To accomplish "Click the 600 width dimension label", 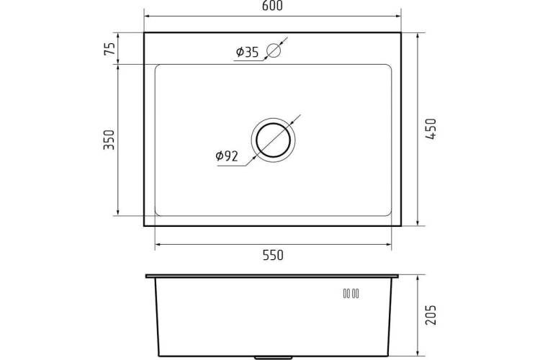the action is coord(272,6).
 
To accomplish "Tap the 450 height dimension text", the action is coord(431,129).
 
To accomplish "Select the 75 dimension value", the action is coord(109,48).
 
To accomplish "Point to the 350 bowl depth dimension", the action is coord(109,140).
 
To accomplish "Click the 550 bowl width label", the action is coord(273,256).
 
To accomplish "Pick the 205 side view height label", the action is coord(431,315).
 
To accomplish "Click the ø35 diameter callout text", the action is coord(247,52).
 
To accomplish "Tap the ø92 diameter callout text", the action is coord(227,156).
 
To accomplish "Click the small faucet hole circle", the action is coord(274,50).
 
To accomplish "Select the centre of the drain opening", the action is coord(273,140).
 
